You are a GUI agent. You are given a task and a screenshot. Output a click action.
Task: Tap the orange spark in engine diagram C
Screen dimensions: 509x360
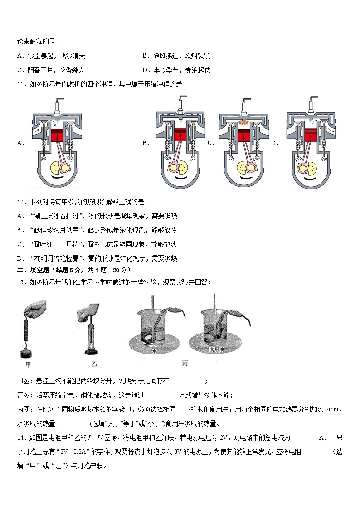[x=244, y=123]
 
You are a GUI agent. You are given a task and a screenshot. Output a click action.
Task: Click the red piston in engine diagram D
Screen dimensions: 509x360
[x=310, y=136]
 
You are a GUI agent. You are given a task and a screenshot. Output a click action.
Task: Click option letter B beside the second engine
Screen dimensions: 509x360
[x=146, y=143]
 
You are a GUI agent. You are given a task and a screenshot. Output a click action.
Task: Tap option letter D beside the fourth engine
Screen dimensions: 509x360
[x=274, y=143]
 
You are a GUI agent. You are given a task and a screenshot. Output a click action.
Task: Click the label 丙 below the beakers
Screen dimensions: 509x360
[x=185, y=364]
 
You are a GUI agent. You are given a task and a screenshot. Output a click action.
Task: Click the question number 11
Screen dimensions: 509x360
[x=20, y=84]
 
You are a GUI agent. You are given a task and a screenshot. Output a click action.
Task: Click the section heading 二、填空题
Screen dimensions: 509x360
[x=32, y=270]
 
